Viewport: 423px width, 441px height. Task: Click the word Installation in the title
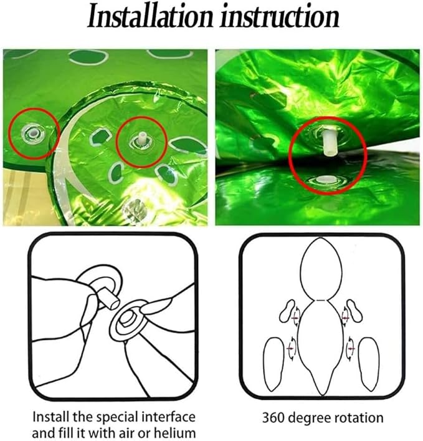pyautogui.click(x=150, y=16)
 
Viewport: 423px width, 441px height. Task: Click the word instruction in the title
pyautogui.click(x=280, y=16)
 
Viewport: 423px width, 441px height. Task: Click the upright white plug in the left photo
pyautogui.click(x=141, y=138)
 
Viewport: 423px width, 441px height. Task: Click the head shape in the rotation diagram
pyautogui.click(x=321, y=269)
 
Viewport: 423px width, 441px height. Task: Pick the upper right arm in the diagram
pyautogui.click(x=354, y=311)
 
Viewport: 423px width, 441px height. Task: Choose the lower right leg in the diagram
pyautogui.click(x=369, y=364)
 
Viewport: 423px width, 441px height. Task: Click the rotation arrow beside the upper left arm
pyautogui.click(x=296, y=317)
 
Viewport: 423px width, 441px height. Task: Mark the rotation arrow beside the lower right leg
pyautogui.click(x=350, y=349)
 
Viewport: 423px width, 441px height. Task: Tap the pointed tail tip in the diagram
pyautogui.click(x=321, y=394)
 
